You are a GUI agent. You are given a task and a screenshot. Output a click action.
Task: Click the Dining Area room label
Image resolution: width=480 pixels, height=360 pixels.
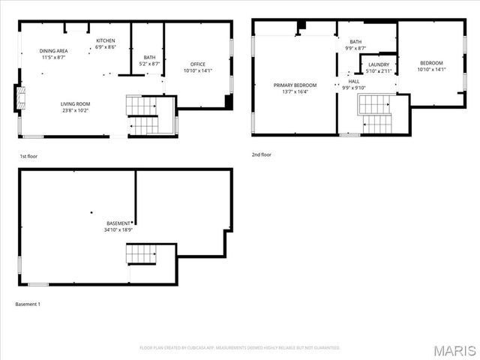coord(52,51)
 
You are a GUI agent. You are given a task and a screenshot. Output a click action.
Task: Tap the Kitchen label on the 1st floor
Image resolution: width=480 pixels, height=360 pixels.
coord(105,40)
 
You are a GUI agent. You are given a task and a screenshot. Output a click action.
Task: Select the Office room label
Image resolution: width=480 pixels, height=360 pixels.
coord(198,64)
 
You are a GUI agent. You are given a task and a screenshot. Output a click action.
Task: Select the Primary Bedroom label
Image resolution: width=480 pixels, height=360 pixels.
coord(292,85)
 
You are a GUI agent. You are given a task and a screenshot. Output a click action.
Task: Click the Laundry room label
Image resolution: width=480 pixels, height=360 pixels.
coord(379,64)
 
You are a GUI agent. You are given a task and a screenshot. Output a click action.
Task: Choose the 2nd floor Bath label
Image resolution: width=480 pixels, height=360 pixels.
coord(355,42)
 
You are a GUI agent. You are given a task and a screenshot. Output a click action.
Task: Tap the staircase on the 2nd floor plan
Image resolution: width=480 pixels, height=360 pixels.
coord(375,112)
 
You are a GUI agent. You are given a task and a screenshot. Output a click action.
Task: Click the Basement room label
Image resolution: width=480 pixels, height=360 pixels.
coord(118,223)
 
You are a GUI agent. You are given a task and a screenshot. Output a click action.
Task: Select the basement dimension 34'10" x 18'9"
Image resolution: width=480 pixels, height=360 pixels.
coord(118,230)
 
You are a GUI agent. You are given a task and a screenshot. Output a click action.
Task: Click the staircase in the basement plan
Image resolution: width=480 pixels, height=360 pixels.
coord(141,256)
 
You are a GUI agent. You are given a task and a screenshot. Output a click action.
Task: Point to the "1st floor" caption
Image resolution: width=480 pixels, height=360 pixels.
coord(29,157)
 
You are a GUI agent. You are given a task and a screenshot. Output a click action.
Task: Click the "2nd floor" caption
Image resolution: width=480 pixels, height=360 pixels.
coord(262,154)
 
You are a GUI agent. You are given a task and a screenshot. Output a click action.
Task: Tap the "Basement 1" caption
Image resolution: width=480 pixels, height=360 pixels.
coord(28,304)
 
